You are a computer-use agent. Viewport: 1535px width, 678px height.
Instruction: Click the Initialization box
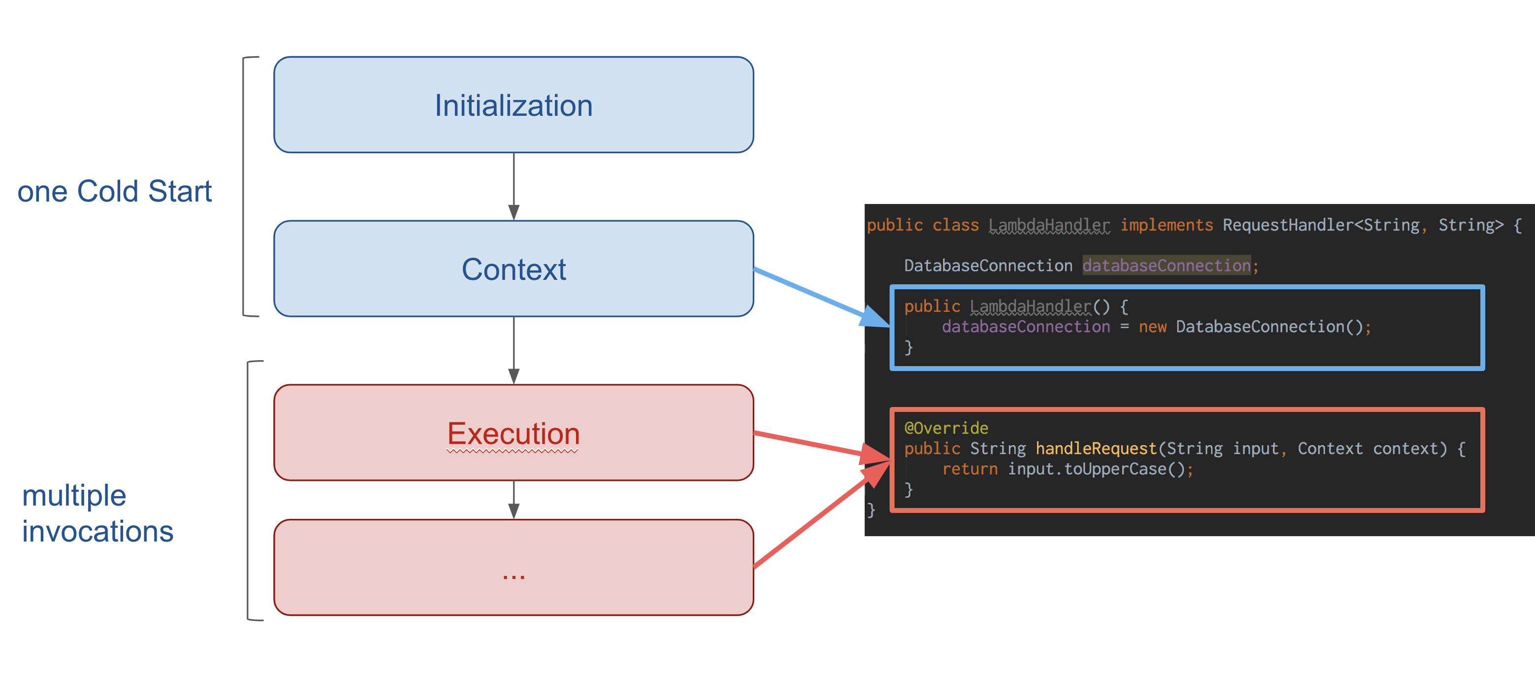tap(513, 105)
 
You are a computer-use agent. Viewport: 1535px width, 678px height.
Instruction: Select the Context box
tap(513, 269)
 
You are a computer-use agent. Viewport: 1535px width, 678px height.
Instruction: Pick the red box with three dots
tap(513, 567)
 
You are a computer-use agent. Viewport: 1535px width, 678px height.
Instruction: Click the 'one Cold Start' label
tap(114, 191)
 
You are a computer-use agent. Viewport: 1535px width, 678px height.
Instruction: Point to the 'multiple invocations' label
tap(97, 513)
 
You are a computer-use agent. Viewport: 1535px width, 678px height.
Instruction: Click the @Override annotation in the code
tap(946, 428)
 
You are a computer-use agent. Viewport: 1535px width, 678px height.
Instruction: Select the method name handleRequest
tap(1096, 448)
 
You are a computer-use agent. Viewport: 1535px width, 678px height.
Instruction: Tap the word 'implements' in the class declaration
tap(1166, 225)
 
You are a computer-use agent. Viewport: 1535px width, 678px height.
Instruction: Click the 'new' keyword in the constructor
tap(1152, 327)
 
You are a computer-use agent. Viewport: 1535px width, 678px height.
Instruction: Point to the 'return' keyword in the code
tap(969, 469)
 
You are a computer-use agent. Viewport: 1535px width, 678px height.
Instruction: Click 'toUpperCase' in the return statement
tap(1115, 469)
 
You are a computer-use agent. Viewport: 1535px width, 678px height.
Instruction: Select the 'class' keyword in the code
tap(955, 225)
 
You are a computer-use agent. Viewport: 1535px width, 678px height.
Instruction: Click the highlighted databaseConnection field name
tap(1166, 266)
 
